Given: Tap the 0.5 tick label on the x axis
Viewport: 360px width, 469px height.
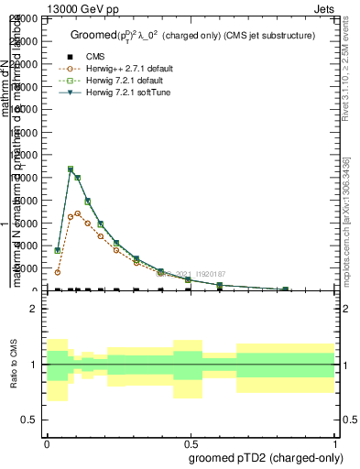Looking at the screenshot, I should point(190,442).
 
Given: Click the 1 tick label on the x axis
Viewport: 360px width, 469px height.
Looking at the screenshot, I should point(335,442).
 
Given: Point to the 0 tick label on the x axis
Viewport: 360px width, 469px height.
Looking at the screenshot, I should point(46,442).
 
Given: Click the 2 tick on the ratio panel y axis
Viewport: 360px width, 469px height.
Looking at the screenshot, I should point(34,310).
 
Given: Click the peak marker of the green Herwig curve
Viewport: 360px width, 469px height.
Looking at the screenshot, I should point(71,169).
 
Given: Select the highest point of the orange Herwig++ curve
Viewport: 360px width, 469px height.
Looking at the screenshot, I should point(78,213).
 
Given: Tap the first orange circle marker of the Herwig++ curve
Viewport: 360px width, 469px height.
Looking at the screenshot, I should point(58,272).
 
